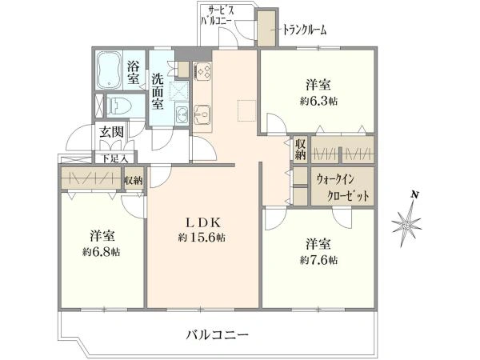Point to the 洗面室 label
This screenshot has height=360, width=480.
point(158,90)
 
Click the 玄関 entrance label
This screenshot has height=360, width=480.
point(111,134)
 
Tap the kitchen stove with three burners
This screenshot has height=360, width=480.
point(202,70)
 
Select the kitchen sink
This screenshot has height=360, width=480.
point(201,115)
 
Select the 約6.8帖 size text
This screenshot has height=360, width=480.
point(102,251)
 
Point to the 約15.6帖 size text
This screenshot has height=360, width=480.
point(201,238)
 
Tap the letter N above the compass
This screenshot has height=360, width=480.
point(414,194)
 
